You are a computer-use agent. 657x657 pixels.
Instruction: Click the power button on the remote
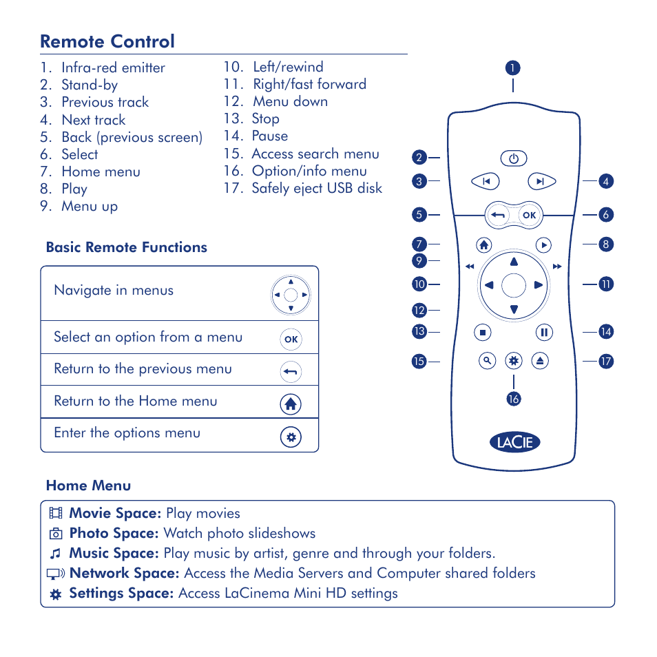(x=513, y=158)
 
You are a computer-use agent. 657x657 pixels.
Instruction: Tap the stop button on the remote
(x=483, y=333)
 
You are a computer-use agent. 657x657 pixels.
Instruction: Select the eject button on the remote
(x=541, y=360)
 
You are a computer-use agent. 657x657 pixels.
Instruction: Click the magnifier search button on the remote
(x=487, y=360)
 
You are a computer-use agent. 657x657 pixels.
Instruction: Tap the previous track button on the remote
(x=486, y=181)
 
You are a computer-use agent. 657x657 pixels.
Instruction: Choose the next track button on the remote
(x=541, y=181)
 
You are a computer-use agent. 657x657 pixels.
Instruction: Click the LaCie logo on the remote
(x=514, y=442)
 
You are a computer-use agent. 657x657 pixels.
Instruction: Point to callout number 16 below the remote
(x=513, y=399)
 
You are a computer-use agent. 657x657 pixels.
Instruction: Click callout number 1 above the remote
(x=512, y=67)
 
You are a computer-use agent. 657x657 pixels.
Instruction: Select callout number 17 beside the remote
(x=605, y=361)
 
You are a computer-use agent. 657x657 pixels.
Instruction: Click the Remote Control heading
(x=107, y=41)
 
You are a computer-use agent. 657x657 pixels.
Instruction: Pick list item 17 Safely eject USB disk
(x=302, y=188)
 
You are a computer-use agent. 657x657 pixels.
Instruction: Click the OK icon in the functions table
(x=291, y=339)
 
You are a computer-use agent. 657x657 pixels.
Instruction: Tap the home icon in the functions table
(x=291, y=404)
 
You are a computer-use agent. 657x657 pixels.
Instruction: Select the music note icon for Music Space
(x=56, y=554)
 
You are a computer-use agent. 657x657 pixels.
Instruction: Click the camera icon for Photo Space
(x=56, y=534)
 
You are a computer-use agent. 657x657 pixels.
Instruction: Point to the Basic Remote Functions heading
(x=126, y=247)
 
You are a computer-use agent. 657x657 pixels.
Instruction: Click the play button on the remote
(x=543, y=244)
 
